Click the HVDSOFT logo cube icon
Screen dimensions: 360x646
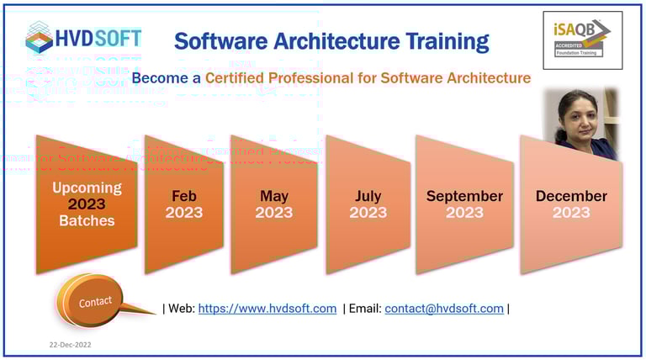click(37, 38)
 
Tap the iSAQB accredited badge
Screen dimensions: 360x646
click(582, 40)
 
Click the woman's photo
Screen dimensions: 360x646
click(585, 124)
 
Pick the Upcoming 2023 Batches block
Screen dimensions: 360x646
click(87, 204)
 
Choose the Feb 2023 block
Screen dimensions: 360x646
click(183, 204)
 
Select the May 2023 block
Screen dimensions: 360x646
click(273, 204)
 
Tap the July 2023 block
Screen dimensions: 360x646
click(368, 204)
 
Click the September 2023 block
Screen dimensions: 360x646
click(464, 204)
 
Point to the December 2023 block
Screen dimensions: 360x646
click(571, 204)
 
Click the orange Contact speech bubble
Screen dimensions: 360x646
click(94, 300)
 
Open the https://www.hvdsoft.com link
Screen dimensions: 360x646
click(267, 309)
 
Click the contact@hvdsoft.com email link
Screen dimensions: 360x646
click(443, 309)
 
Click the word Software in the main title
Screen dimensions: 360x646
click(220, 40)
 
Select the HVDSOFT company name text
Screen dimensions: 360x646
click(99, 38)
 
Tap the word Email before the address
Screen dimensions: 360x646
click(363, 309)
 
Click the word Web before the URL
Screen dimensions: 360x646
click(181, 309)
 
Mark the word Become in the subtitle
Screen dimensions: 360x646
click(158, 78)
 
